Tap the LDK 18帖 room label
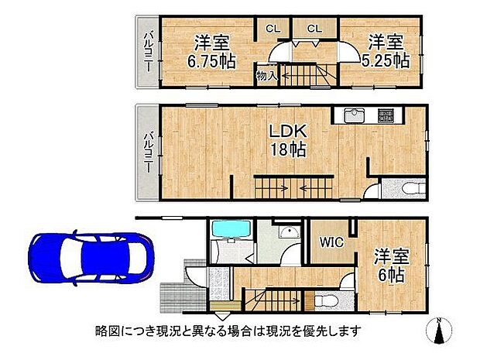pos(286,139)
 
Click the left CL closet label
pos(273,29)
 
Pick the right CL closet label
pos(314,29)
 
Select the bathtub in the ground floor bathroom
pos(228,229)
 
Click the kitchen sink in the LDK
pos(354,116)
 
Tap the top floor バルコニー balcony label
pos(147,50)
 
